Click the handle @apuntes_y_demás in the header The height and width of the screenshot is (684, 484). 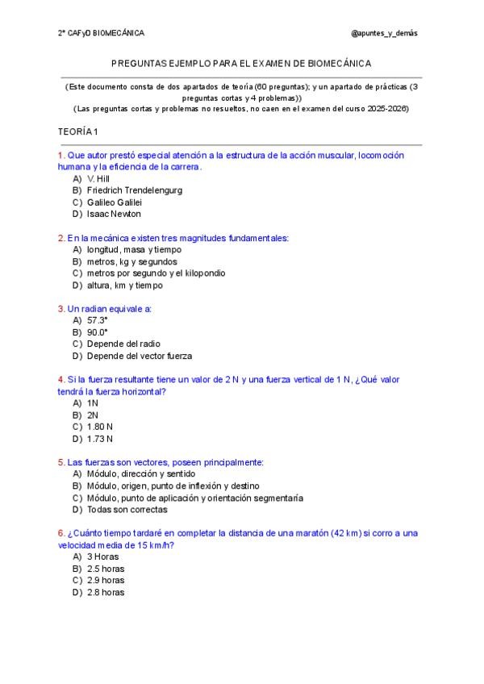click(x=384, y=33)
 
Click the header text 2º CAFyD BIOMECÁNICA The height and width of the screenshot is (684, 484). click(x=101, y=33)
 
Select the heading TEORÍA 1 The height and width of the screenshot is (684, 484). click(x=78, y=131)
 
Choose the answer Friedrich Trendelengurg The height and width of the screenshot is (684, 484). click(x=134, y=190)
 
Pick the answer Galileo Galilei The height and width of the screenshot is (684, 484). click(x=114, y=202)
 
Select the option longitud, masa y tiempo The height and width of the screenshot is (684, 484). click(x=128, y=250)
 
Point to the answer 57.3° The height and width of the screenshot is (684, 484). click(x=97, y=320)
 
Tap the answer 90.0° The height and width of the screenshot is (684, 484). click(x=97, y=332)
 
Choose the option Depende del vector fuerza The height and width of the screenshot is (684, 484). click(x=139, y=356)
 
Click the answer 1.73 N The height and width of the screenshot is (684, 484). click(x=99, y=439)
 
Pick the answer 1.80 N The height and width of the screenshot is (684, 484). click(x=99, y=427)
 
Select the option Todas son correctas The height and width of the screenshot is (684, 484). click(x=127, y=510)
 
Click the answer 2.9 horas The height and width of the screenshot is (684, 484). click(x=105, y=580)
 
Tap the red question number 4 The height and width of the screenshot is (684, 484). click(x=61, y=379)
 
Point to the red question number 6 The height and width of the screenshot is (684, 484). click(x=61, y=533)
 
